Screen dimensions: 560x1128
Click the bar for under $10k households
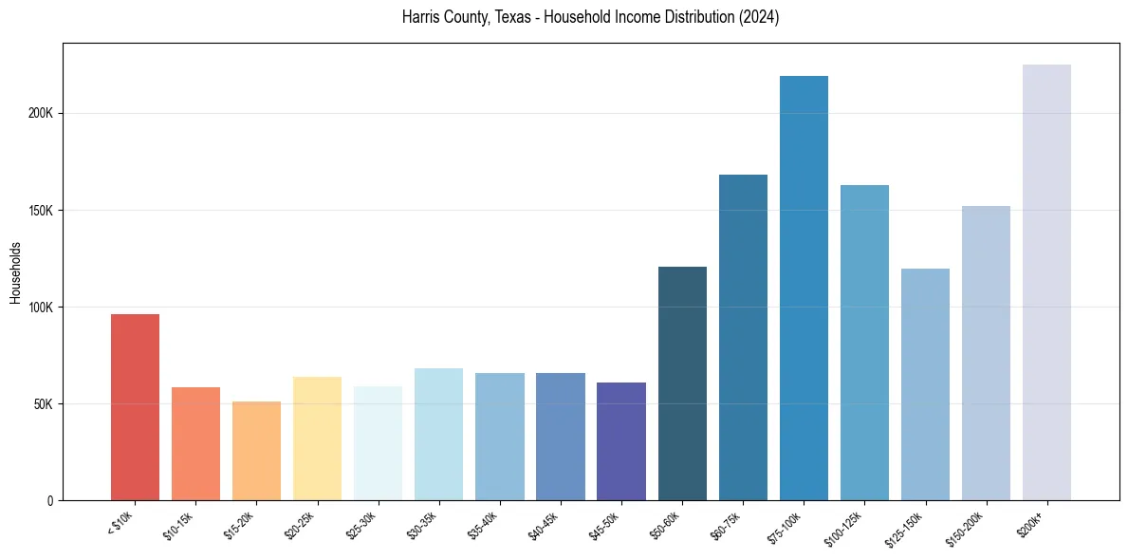tap(135, 407)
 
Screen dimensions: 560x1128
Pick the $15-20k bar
tap(256, 451)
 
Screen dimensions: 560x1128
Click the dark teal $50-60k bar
tap(682, 383)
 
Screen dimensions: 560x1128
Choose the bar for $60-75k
tap(743, 337)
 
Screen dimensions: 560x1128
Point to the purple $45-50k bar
tap(621, 441)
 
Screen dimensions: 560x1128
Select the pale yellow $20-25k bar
tap(317, 439)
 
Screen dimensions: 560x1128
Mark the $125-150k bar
tap(925, 384)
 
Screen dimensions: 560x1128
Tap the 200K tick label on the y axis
tap(40, 113)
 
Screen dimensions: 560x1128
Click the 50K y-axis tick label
tap(43, 404)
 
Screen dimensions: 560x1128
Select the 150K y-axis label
tap(40, 211)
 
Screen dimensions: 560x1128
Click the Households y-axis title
tap(16, 271)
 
